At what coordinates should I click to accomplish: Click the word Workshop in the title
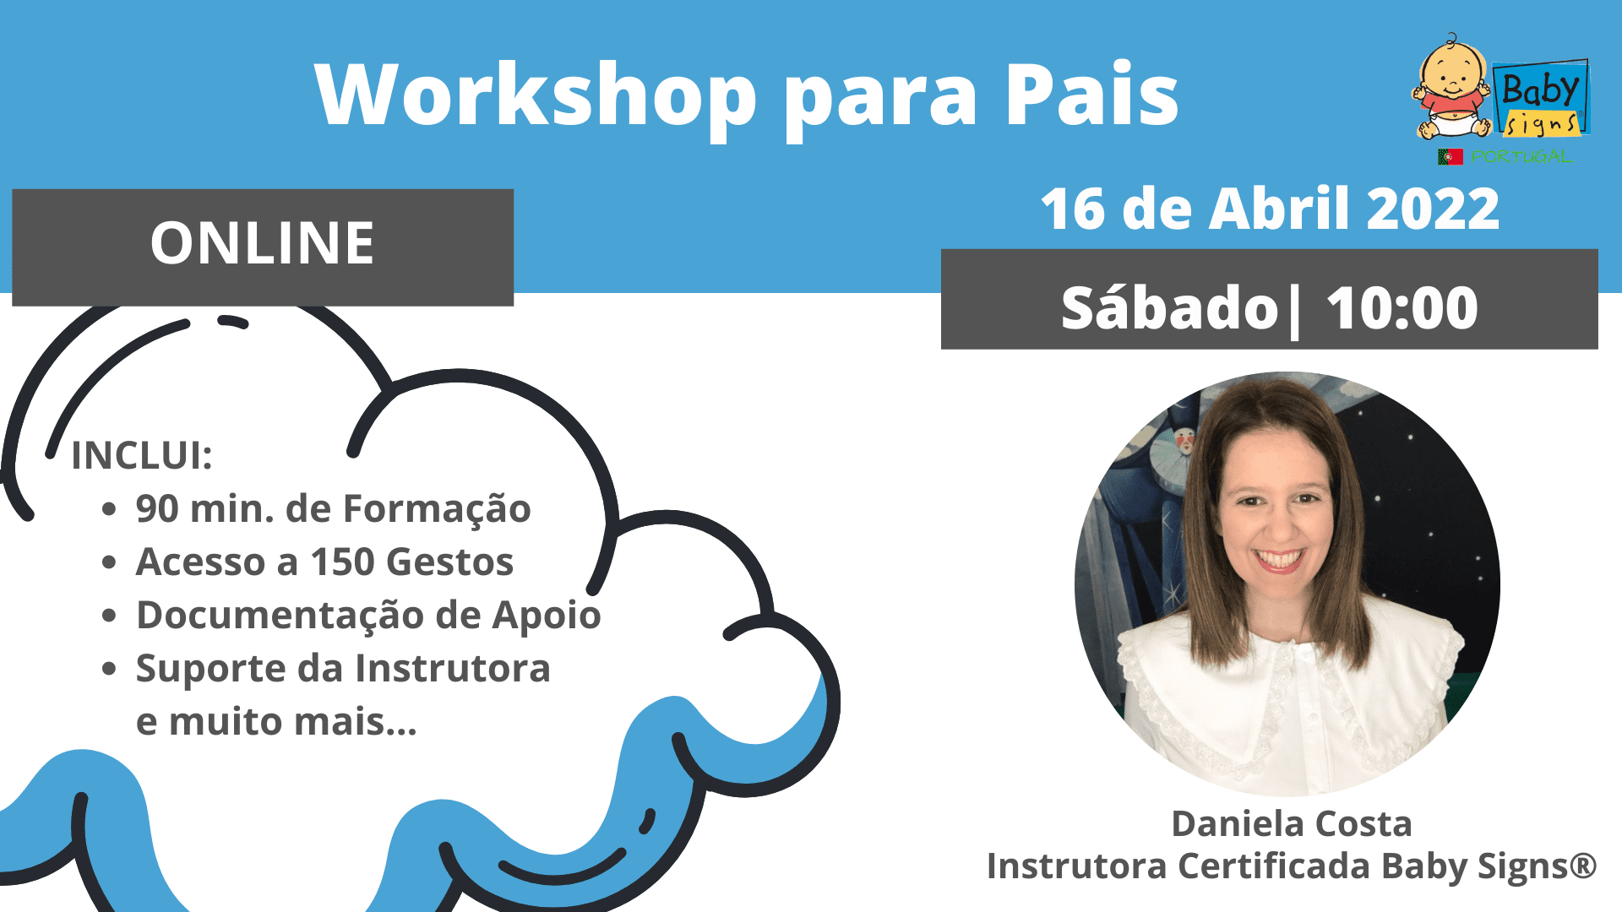click(536, 95)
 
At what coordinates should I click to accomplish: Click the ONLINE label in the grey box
click(262, 243)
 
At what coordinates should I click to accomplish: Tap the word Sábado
click(1170, 307)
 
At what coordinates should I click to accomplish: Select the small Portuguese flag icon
click(1450, 156)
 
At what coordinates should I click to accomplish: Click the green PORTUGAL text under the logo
click(1521, 156)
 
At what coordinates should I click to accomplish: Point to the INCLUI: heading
click(142, 455)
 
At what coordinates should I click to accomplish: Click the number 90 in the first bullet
click(157, 508)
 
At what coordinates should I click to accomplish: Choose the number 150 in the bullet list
click(342, 562)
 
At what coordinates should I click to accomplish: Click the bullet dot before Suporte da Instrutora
click(109, 669)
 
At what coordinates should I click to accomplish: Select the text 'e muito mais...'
click(276, 722)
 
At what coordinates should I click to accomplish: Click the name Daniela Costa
click(1292, 823)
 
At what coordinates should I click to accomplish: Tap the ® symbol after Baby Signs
click(1583, 866)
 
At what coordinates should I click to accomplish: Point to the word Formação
click(437, 509)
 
